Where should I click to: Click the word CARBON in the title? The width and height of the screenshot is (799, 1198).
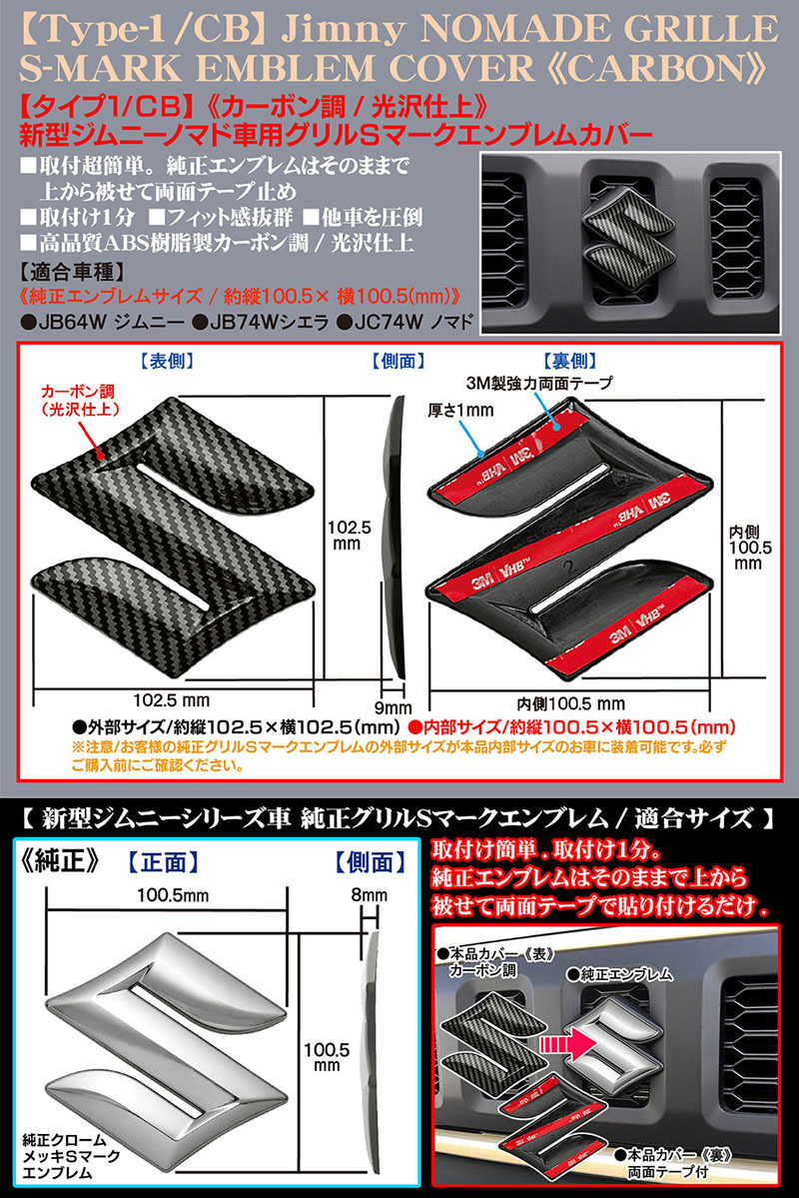click(x=678, y=67)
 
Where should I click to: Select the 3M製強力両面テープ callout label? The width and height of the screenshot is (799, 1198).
click(x=538, y=383)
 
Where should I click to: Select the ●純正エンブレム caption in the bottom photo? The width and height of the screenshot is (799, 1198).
click(x=618, y=970)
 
